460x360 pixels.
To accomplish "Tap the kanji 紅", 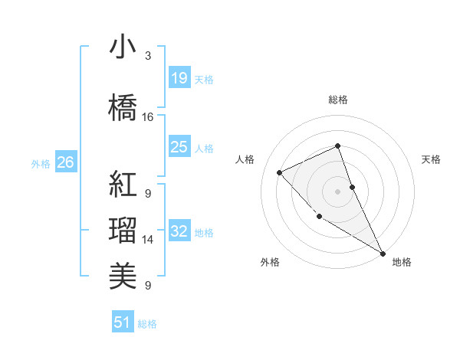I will (x=123, y=185).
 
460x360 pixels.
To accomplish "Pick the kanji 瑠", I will (x=123, y=231).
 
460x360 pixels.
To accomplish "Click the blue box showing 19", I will (x=179, y=78).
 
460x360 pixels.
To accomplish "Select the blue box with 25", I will (x=179, y=147).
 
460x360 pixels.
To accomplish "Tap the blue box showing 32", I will (x=179, y=231).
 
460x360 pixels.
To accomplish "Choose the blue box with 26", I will (x=65, y=162).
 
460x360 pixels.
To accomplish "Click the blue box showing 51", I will (x=123, y=322).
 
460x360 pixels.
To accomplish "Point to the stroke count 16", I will (x=148, y=117).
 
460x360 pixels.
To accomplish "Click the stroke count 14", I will (x=148, y=240).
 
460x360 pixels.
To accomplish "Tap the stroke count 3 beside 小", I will (x=148, y=56).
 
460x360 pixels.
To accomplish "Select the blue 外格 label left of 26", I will (x=41, y=163).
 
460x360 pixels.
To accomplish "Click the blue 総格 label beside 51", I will (x=147, y=324).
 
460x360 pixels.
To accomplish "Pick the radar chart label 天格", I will (x=431, y=159).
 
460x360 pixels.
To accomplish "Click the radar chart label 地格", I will (x=402, y=262).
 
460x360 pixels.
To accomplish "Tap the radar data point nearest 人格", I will (x=280, y=172).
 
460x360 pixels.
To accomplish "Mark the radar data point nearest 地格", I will (x=383, y=254).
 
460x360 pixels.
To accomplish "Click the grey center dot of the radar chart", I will (x=337, y=191).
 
